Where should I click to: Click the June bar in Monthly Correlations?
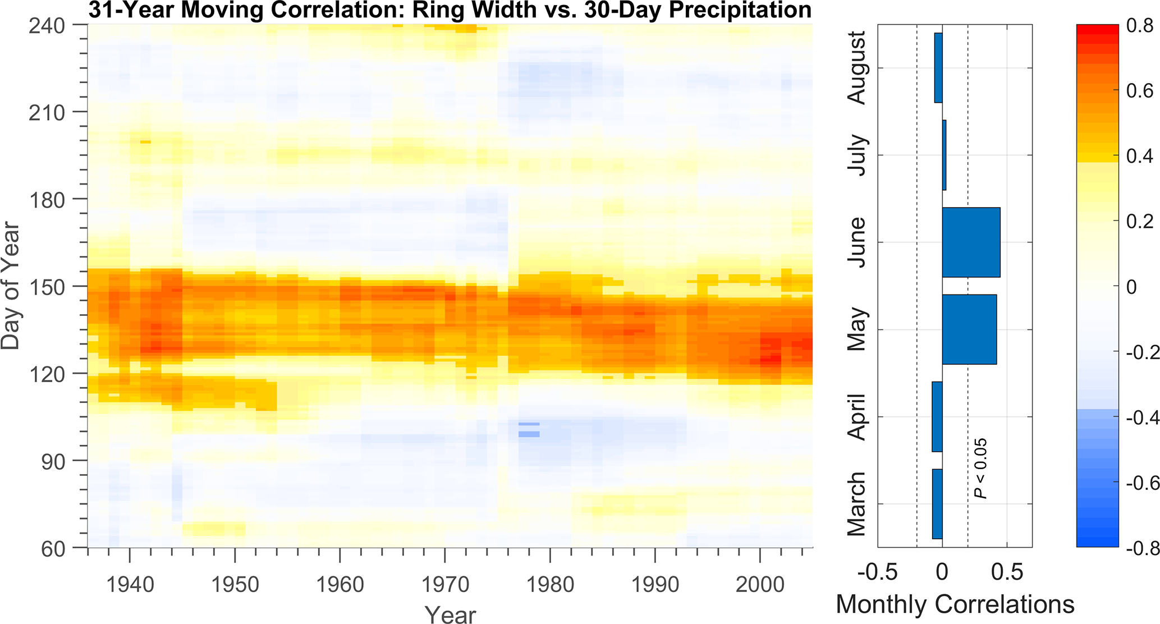(x=971, y=242)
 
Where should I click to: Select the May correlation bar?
(x=969, y=329)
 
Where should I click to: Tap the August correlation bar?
(x=938, y=68)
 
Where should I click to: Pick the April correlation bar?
(x=937, y=416)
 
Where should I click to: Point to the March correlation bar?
(x=937, y=504)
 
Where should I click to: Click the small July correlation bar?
(x=944, y=155)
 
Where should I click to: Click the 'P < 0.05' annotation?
(x=980, y=469)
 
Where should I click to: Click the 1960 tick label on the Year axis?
(x=340, y=585)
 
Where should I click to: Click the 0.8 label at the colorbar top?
(x=1140, y=26)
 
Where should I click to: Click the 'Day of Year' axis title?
(x=11, y=286)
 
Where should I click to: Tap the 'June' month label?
(x=857, y=242)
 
